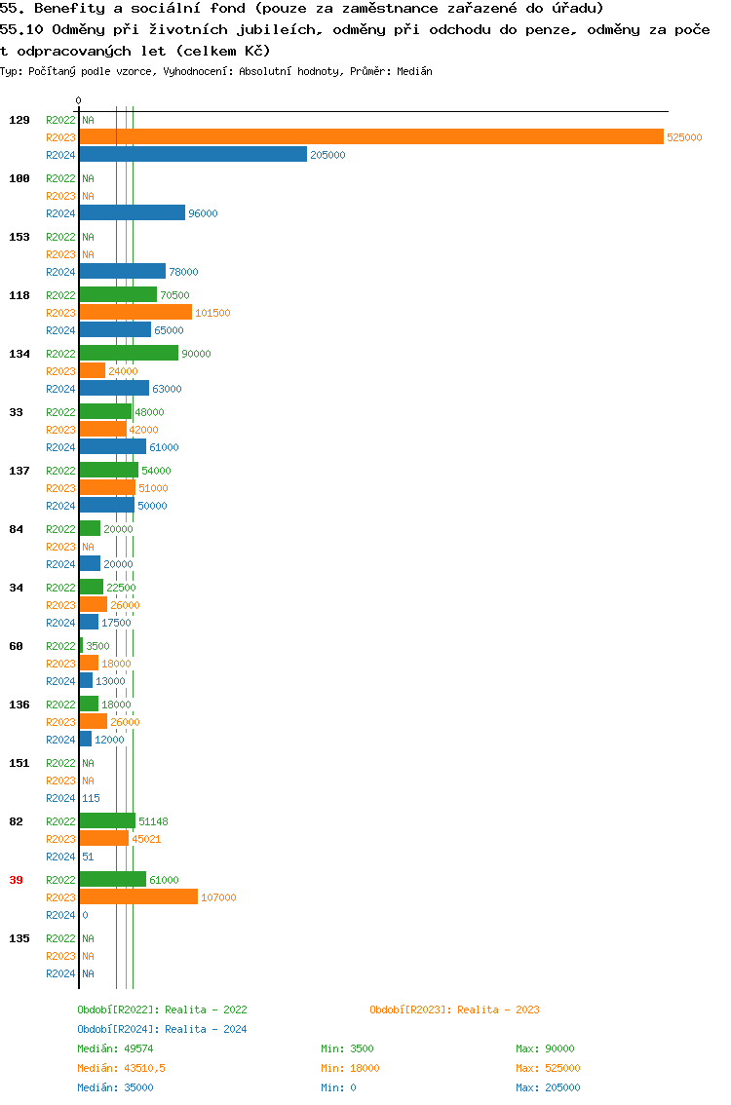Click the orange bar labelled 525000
[371, 137]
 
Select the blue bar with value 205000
[193, 155]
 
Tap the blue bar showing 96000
[133, 213]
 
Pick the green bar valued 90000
[129, 354]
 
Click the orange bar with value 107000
[138, 897]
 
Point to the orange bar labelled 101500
[135, 313]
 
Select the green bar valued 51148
[107, 821]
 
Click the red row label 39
[16, 880]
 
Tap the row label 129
[19, 120]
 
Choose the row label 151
[19, 763]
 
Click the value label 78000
[183, 272]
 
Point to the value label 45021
[146, 839]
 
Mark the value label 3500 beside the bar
[97, 646]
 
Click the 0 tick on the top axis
[79, 100]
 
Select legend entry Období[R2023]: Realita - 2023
[454, 1010]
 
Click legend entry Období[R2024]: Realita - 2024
[162, 1029]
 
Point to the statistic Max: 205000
[548, 1087]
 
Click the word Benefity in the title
[66, 8]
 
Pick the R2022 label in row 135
[60, 938]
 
